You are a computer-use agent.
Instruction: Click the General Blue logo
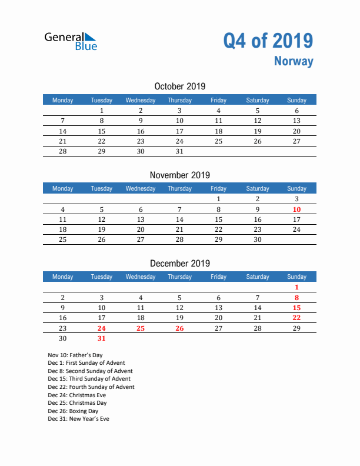71,41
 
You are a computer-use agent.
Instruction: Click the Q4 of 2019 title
268,41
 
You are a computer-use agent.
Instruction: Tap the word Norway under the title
294,61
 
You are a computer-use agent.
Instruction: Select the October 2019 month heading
180,86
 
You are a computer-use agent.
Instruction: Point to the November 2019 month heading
180,175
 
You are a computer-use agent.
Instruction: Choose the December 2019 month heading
180,263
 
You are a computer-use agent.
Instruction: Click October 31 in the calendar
179,151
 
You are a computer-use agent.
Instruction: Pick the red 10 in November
296,209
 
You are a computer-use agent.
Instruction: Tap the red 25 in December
141,328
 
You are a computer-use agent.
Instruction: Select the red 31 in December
102,338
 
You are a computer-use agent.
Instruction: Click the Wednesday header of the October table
141,100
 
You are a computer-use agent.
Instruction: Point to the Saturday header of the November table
258,188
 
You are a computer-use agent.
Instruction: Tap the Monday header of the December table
63,277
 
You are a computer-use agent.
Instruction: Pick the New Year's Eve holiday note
79,419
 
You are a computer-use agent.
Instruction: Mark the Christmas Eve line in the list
77,395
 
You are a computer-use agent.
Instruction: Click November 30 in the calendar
258,239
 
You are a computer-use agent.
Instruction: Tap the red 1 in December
296,288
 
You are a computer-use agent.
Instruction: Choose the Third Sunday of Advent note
89,380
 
